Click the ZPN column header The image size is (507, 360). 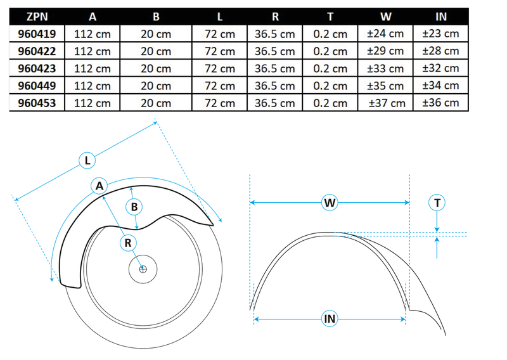point(37,16)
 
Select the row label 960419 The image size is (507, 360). point(37,34)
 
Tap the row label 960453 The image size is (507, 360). point(37,102)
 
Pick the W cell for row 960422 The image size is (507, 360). point(387,51)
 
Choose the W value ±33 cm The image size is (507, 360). point(387,68)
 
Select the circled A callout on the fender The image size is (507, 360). point(98,185)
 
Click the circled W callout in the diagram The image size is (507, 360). point(329,203)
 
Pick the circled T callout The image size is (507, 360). point(437,203)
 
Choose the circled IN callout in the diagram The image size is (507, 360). point(329,319)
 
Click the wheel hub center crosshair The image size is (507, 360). point(143,269)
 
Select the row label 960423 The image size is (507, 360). point(37,68)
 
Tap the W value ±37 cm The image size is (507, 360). point(387,102)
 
